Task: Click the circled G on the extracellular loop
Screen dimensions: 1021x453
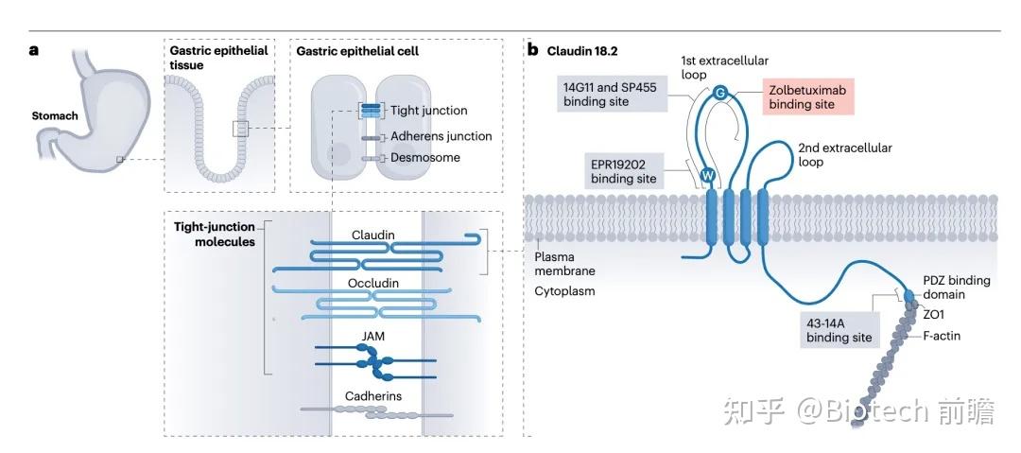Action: click(719, 94)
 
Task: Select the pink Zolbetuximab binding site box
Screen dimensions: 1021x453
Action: click(807, 96)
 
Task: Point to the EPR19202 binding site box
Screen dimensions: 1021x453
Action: click(623, 171)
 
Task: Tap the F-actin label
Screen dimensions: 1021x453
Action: click(942, 337)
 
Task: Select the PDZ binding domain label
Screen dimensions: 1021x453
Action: click(957, 287)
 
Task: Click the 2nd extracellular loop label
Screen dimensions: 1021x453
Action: click(844, 154)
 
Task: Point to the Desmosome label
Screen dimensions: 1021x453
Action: click(425, 157)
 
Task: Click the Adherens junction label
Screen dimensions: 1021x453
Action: click(441, 136)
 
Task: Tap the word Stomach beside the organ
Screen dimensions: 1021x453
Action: click(55, 116)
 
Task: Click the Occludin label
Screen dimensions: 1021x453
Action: click(373, 283)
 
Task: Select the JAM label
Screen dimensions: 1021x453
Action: click(373, 337)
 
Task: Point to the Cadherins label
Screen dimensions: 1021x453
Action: click(373, 395)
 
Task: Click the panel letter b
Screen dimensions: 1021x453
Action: click(532, 50)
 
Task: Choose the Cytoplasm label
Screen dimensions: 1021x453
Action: click(564, 290)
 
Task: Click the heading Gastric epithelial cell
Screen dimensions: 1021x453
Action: click(357, 51)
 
